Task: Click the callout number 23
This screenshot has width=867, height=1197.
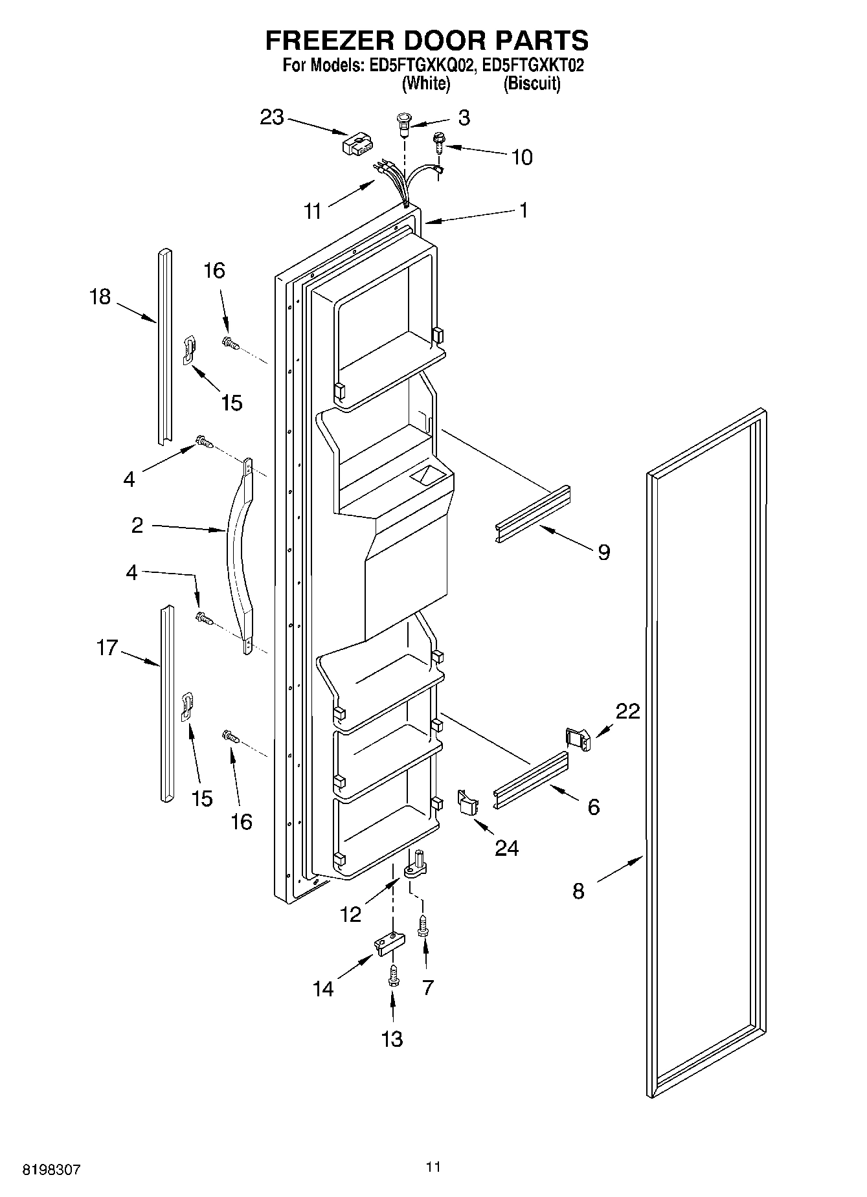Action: [272, 117]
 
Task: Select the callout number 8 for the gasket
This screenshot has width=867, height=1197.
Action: [578, 891]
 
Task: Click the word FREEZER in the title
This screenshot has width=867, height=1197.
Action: [328, 40]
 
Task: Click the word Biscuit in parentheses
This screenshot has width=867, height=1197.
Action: [532, 84]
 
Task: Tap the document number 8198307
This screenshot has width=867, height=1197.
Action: [52, 1170]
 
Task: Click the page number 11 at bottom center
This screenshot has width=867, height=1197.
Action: [433, 1167]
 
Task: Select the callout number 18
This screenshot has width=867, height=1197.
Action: [100, 296]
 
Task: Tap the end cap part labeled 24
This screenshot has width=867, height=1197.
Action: [467, 803]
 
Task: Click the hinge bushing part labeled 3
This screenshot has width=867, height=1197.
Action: [403, 123]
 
